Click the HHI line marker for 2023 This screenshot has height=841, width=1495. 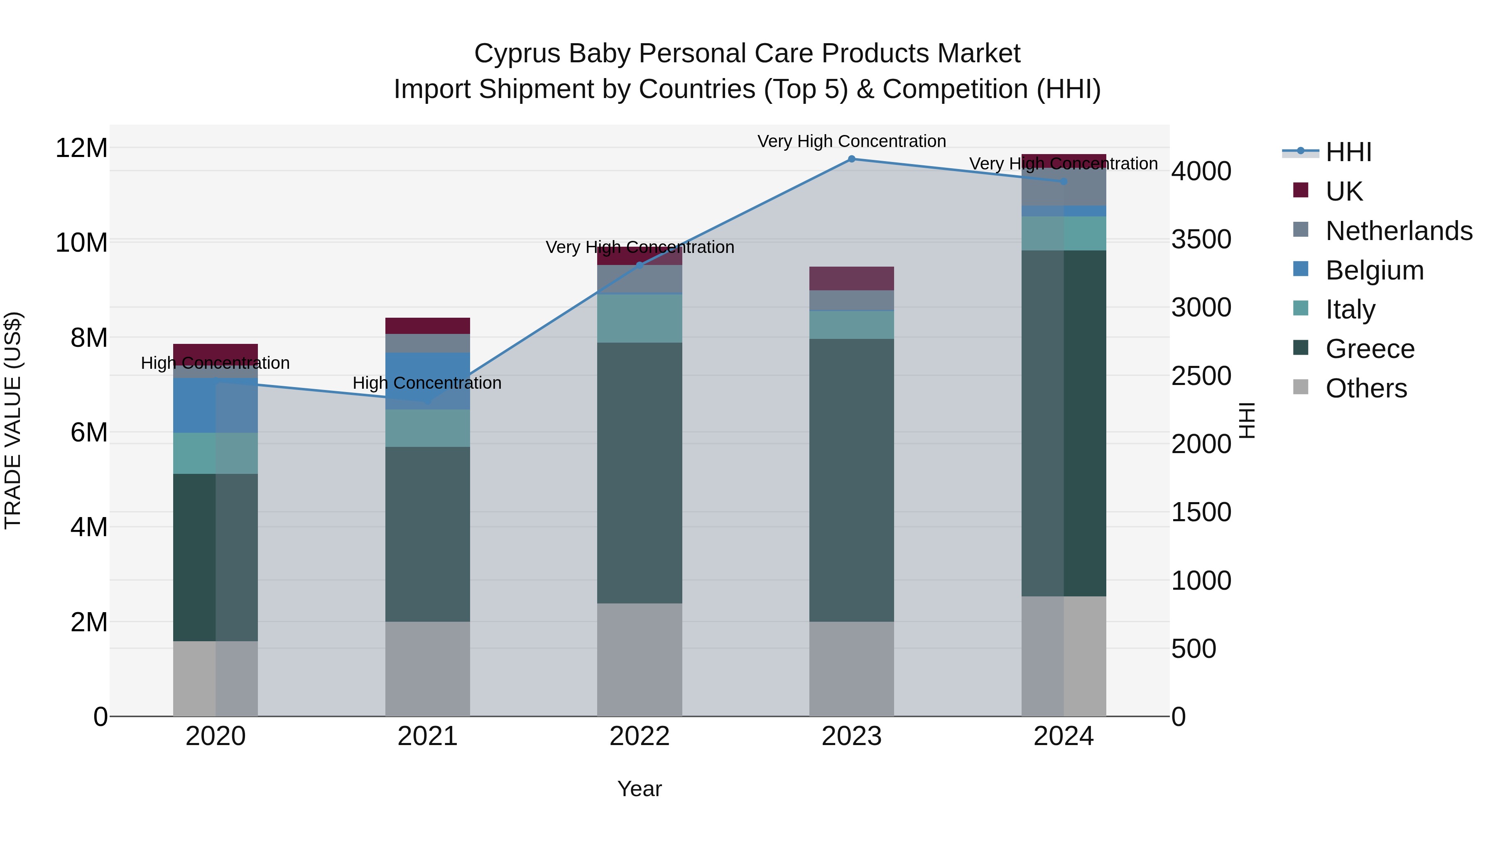(x=851, y=159)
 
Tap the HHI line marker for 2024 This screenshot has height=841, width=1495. (x=1063, y=181)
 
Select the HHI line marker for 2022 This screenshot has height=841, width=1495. (x=640, y=265)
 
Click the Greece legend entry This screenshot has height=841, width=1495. (x=1370, y=349)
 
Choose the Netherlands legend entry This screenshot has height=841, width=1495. (x=1398, y=231)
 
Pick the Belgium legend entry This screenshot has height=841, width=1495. (x=1374, y=270)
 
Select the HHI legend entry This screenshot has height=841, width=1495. (x=1348, y=152)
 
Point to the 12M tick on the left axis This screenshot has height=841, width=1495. (x=81, y=148)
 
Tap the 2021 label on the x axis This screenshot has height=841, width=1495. (x=427, y=736)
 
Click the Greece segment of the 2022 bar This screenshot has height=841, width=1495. (x=640, y=473)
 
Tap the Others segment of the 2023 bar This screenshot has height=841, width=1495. (x=851, y=669)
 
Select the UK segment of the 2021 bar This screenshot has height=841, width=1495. (x=427, y=326)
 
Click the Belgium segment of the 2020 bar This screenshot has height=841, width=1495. (x=215, y=405)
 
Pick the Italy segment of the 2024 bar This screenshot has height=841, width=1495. (x=1063, y=233)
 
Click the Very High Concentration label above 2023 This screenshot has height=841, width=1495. (x=851, y=141)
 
